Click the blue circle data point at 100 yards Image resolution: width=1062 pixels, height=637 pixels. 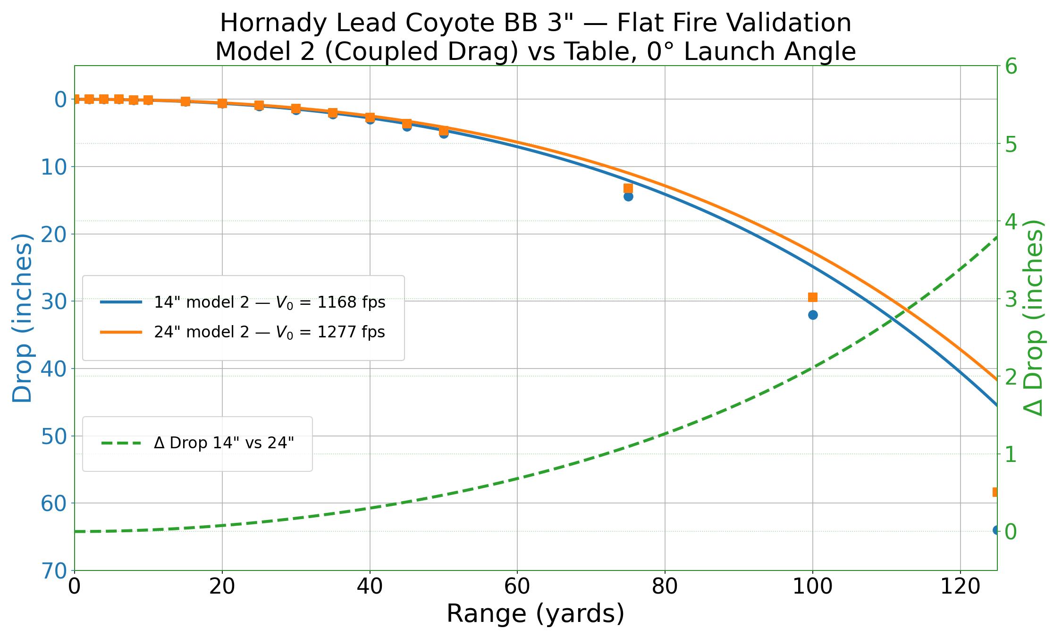pos(813,315)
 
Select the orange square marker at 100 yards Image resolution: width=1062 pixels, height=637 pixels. pos(813,297)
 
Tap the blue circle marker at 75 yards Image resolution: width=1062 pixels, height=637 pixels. pos(628,196)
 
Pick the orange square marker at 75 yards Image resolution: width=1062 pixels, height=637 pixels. pos(628,188)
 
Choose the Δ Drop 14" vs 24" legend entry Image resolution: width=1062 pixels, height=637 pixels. pos(224,443)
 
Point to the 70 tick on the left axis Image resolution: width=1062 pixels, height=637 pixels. pos(54,571)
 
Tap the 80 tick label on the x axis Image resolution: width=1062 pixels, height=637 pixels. pos(665,587)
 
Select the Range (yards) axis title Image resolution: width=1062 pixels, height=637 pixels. pos(535,614)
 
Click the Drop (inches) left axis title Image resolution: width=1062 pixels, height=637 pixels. pos(22,318)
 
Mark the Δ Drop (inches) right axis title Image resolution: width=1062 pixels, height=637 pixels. pos(1035,318)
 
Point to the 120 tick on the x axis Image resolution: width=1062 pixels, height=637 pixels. pos(961,587)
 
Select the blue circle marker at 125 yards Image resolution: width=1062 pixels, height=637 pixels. pos(996,530)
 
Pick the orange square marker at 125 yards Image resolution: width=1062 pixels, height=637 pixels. pos(995,492)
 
